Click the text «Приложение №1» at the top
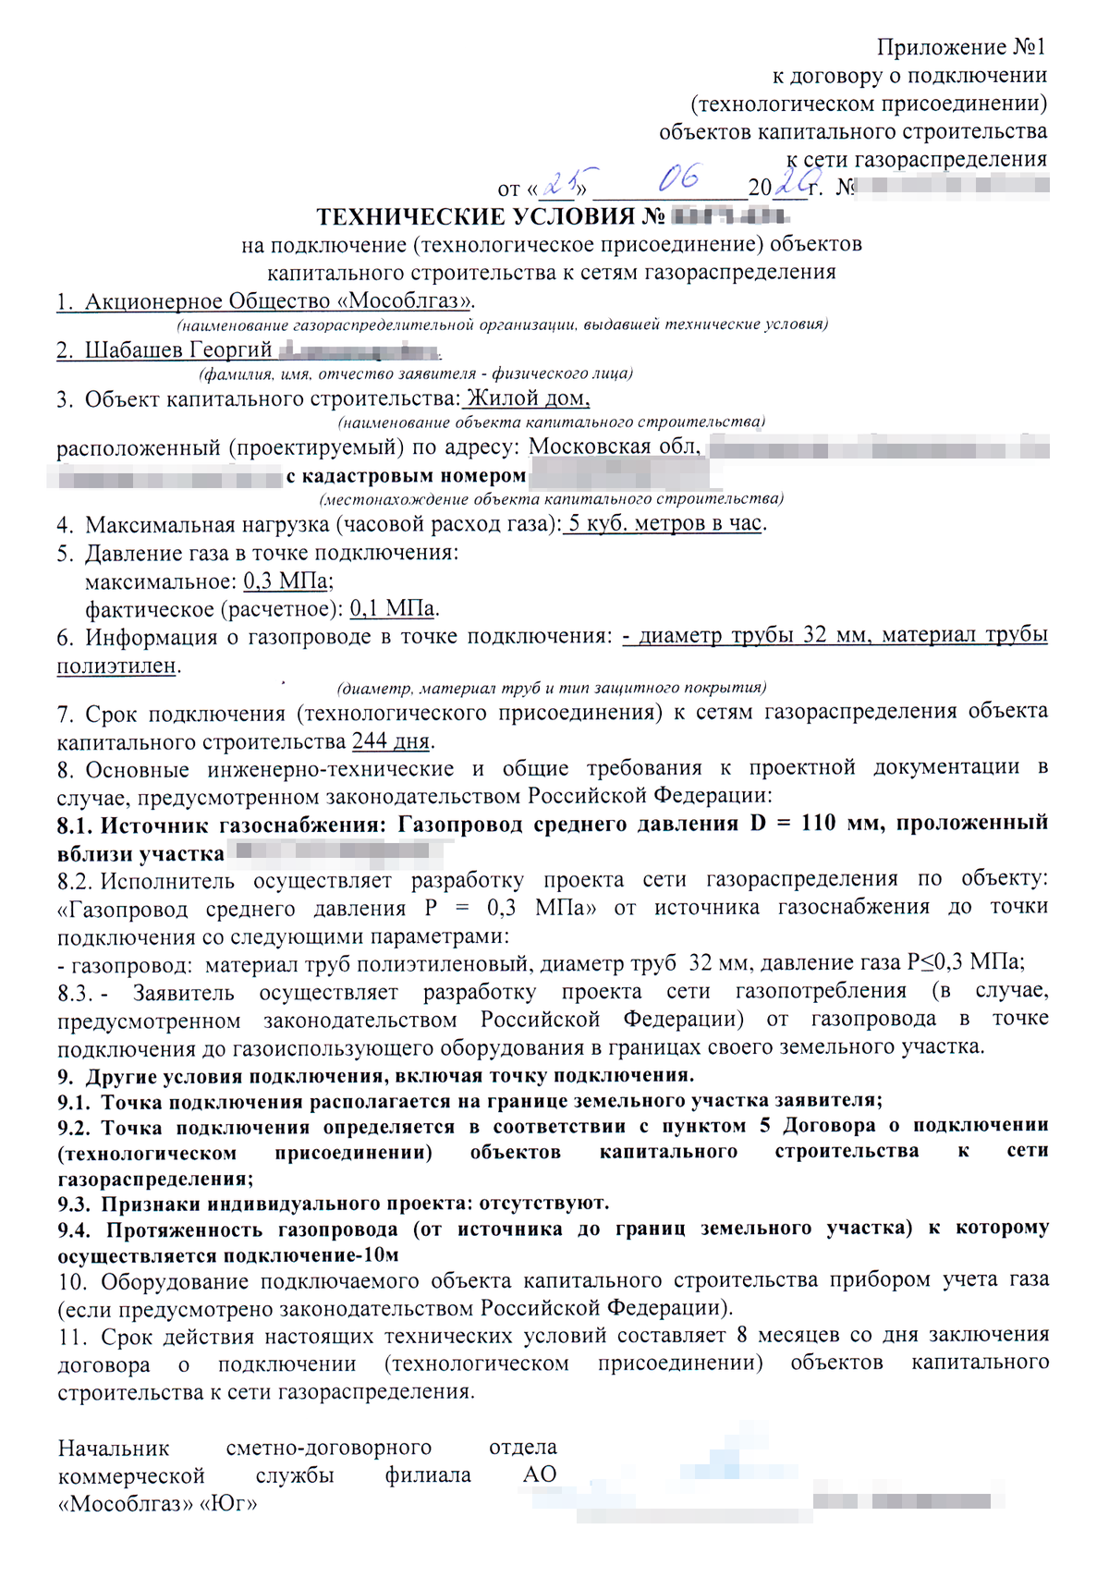coord(961,47)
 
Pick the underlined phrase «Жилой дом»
coord(527,398)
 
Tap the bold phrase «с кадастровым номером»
coord(406,476)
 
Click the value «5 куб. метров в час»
coord(664,523)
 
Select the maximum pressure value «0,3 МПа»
coord(286,581)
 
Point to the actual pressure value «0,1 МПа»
coord(392,609)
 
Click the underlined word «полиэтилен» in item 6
coord(116,666)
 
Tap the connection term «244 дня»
coord(391,741)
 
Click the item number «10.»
coord(72,1281)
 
